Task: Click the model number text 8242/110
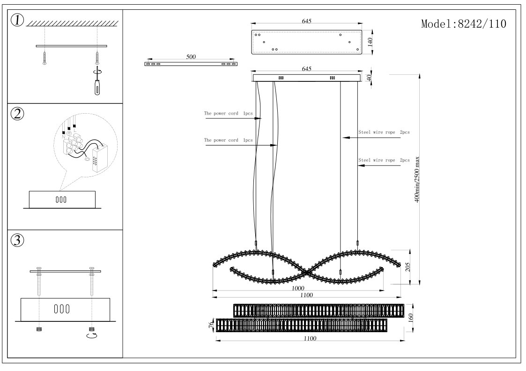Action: click(482, 24)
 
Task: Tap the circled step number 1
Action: click(17, 21)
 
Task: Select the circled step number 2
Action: click(17, 114)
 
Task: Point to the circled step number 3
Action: click(17, 240)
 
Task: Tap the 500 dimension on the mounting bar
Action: click(191, 57)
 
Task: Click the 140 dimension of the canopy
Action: click(370, 42)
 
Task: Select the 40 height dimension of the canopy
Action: click(369, 78)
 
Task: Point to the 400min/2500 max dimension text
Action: click(417, 179)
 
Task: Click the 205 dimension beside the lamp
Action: click(408, 267)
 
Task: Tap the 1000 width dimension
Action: click(298, 288)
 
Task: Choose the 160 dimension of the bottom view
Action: click(411, 318)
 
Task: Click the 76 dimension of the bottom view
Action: click(211, 325)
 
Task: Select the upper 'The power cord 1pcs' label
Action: click(228, 113)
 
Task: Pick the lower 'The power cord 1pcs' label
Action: click(228, 140)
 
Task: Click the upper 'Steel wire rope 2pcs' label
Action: click(384, 132)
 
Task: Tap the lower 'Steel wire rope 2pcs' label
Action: click(384, 160)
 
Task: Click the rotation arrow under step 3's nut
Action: click(92, 335)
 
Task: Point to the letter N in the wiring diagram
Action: click(63, 137)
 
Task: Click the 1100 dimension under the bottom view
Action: click(310, 339)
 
